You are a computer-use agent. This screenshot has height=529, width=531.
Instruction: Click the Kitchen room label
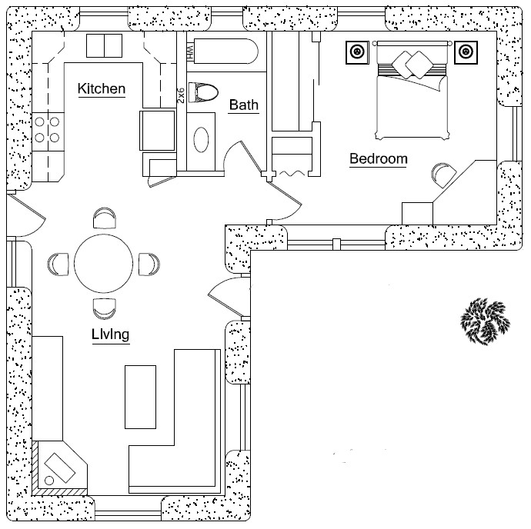pyautogui.click(x=102, y=89)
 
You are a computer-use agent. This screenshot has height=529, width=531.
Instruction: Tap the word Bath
pyautogui.click(x=243, y=105)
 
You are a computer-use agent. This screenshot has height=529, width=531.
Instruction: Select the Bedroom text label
pyautogui.click(x=378, y=159)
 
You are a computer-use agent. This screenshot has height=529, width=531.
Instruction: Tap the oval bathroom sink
pyautogui.click(x=201, y=140)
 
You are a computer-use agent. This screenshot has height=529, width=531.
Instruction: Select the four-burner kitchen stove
pyautogui.click(x=48, y=130)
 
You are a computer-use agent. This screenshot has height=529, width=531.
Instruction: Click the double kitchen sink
pyautogui.click(x=104, y=45)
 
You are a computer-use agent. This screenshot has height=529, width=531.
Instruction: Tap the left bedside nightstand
pyautogui.click(x=357, y=52)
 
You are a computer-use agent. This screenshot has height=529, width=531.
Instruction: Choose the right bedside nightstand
pyautogui.click(x=465, y=52)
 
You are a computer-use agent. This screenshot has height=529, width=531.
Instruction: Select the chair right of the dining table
pyautogui.click(x=149, y=263)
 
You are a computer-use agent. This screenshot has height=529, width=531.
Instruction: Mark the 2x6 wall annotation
pyautogui.click(x=181, y=95)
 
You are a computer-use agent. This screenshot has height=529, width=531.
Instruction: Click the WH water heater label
pyautogui.click(x=190, y=52)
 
